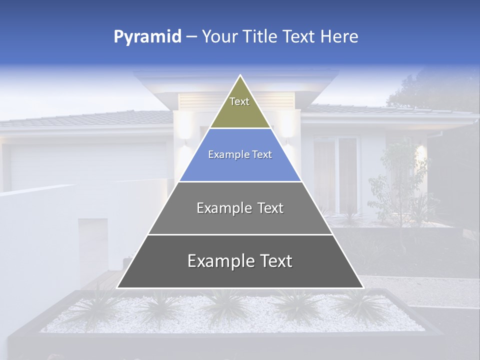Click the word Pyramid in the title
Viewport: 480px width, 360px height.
point(147,37)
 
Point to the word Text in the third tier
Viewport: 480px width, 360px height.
point(270,208)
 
